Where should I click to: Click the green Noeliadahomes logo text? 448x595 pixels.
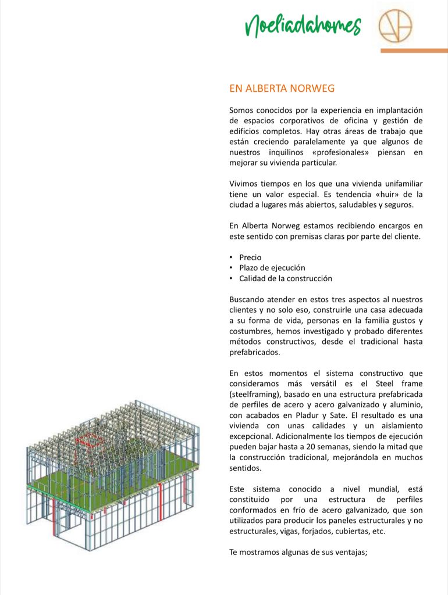tap(303, 25)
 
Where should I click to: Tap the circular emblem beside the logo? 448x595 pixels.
tap(395, 26)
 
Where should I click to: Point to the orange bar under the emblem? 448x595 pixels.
tap(414, 51)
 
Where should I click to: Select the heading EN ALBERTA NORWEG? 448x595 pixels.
tap(282, 88)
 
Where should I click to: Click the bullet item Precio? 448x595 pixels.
tap(250, 257)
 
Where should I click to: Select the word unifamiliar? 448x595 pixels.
tap(401, 184)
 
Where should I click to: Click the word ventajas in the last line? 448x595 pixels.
tap(347, 552)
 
